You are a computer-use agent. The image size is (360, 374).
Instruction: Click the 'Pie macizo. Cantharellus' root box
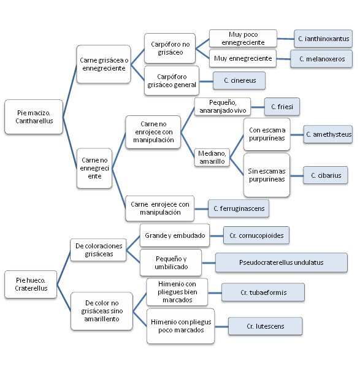34,117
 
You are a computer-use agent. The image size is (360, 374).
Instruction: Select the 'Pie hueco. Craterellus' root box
31,284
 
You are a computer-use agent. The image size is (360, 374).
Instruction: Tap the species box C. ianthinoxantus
323,39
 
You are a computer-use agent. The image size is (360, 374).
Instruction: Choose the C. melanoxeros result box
321,59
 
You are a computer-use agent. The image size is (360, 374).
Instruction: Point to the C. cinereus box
239,80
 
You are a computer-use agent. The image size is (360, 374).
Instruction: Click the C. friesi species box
282,107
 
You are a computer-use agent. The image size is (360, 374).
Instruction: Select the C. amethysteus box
328,134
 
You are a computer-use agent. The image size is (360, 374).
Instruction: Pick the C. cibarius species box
326,175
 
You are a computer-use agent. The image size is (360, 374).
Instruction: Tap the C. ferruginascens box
239,208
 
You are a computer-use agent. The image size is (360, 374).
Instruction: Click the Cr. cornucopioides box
256,235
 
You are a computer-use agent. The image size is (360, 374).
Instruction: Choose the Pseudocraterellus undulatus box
281,262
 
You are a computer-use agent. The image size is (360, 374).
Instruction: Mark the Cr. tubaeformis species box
263,292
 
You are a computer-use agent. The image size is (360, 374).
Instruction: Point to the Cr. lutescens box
266,326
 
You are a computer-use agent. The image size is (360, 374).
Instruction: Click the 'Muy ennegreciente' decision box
243,58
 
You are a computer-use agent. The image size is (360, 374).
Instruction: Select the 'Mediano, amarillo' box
212,158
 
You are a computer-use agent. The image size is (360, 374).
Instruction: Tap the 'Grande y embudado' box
175,235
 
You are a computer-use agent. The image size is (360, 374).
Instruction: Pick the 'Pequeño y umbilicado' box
171,262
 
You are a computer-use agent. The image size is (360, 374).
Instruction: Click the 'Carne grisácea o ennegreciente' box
104,64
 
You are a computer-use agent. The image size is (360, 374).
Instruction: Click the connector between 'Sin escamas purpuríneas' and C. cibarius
297,176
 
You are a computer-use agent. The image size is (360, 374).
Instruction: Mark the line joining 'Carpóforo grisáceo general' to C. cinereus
206,82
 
